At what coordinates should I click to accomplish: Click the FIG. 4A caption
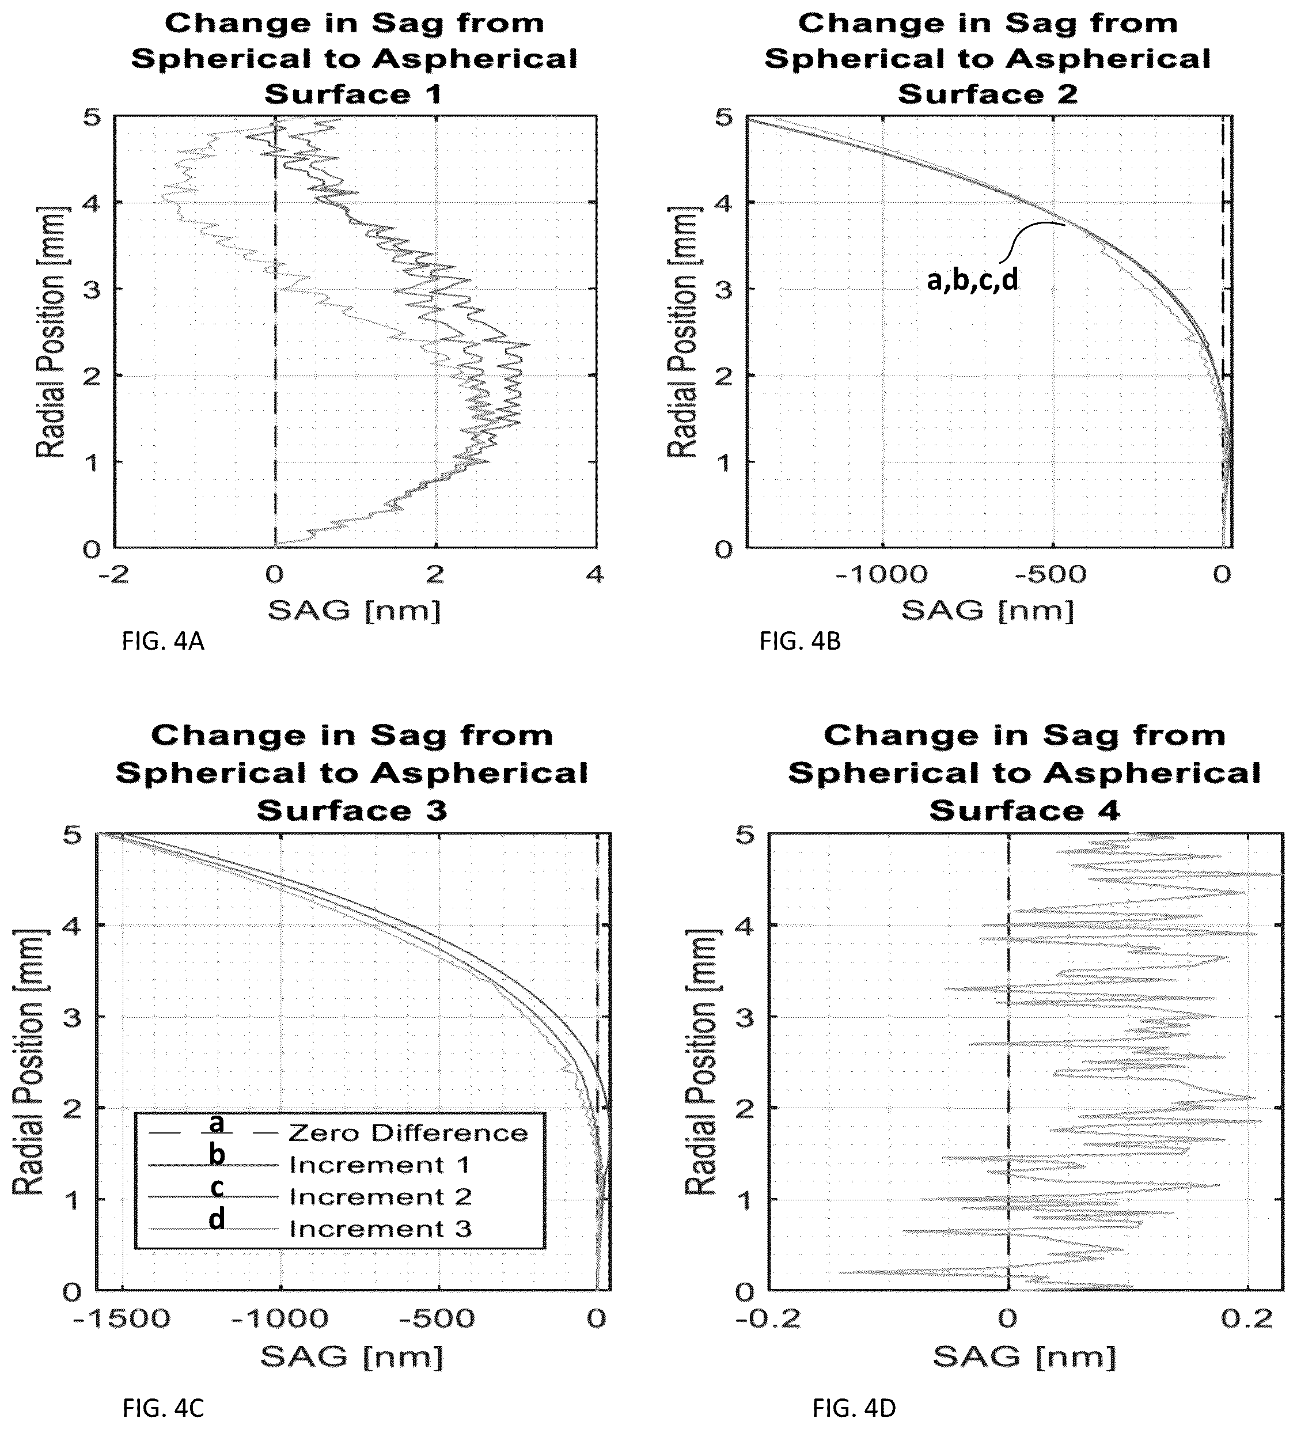point(163,642)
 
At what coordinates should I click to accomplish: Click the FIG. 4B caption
point(800,642)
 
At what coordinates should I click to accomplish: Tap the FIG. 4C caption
point(164,1407)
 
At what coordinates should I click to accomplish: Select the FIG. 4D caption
point(854,1407)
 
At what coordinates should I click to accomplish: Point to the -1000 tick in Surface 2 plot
point(882,574)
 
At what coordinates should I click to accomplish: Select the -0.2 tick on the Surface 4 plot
point(769,1319)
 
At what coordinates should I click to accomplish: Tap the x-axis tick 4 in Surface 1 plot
point(596,574)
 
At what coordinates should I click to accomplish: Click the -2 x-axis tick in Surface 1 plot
point(113,574)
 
